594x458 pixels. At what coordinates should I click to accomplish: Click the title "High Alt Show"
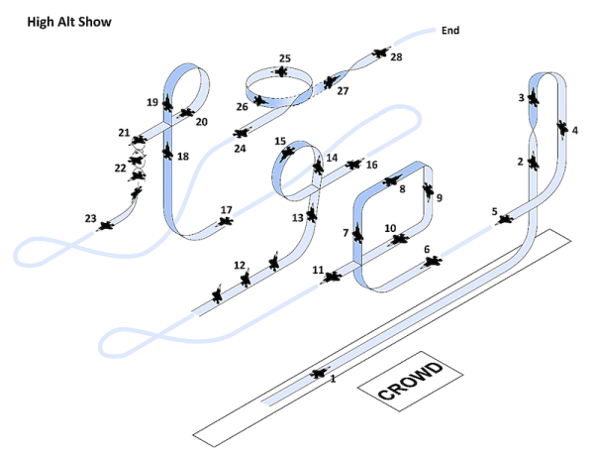(69, 22)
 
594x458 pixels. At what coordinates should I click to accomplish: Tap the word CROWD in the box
(410, 381)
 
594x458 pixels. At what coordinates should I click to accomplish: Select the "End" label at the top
(450, 31)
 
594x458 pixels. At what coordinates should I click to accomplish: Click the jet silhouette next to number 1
(319, 374)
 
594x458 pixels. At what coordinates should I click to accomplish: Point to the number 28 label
(396, 57)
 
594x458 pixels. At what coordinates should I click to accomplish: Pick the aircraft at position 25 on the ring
(281, 71)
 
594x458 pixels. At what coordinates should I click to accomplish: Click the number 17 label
(226, 210)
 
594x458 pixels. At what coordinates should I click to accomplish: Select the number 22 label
(120, 168)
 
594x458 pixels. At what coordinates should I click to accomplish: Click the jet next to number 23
(105, 226)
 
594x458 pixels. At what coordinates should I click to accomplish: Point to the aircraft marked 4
(562, 129)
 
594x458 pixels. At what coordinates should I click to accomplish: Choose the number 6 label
(427, 249)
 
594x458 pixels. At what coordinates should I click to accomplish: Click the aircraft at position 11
(332, 277)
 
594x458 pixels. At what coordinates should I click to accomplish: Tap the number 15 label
(280, 141)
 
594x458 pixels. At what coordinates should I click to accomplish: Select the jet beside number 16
(353, 165)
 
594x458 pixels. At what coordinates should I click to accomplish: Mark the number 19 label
(152, 102)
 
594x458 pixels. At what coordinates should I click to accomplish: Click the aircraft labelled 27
(331, 81)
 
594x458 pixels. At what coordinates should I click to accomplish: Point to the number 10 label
(390, 228)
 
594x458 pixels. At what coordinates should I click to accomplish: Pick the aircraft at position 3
(534, 97)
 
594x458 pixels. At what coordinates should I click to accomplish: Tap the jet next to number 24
(241, 133)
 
